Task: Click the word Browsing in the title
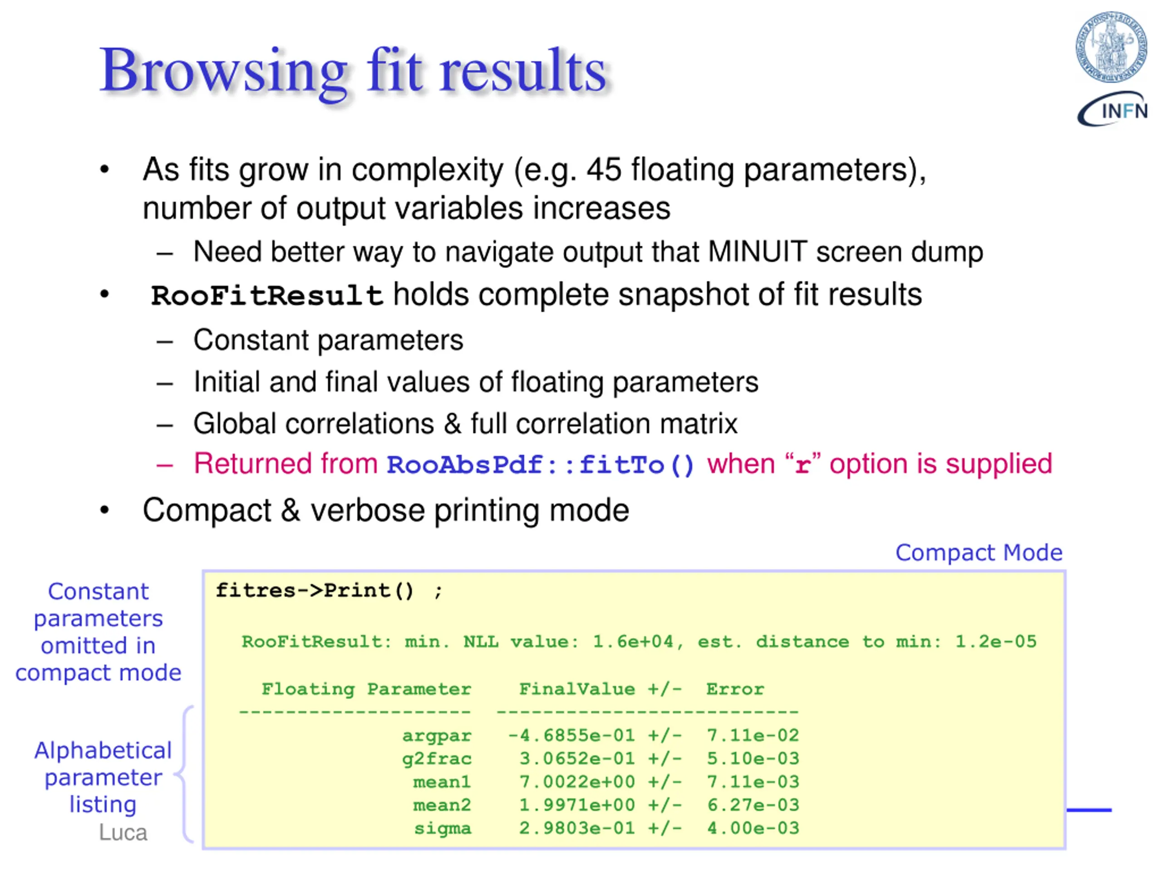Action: point(223,71)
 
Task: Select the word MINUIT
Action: point(757,252)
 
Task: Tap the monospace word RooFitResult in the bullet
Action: point(267,296)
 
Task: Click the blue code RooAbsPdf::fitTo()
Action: point(541,465)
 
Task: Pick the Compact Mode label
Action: point(979,553)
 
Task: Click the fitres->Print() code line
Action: point(330,591)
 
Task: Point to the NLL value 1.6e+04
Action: point(632,641)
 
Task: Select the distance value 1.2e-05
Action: point(995,641)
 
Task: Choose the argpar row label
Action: point(437,735)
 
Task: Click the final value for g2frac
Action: point(577,758)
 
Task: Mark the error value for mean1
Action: point(753,782)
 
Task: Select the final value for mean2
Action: point(577,805)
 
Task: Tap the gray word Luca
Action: point(123,833)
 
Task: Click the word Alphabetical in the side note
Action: point(103,750)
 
